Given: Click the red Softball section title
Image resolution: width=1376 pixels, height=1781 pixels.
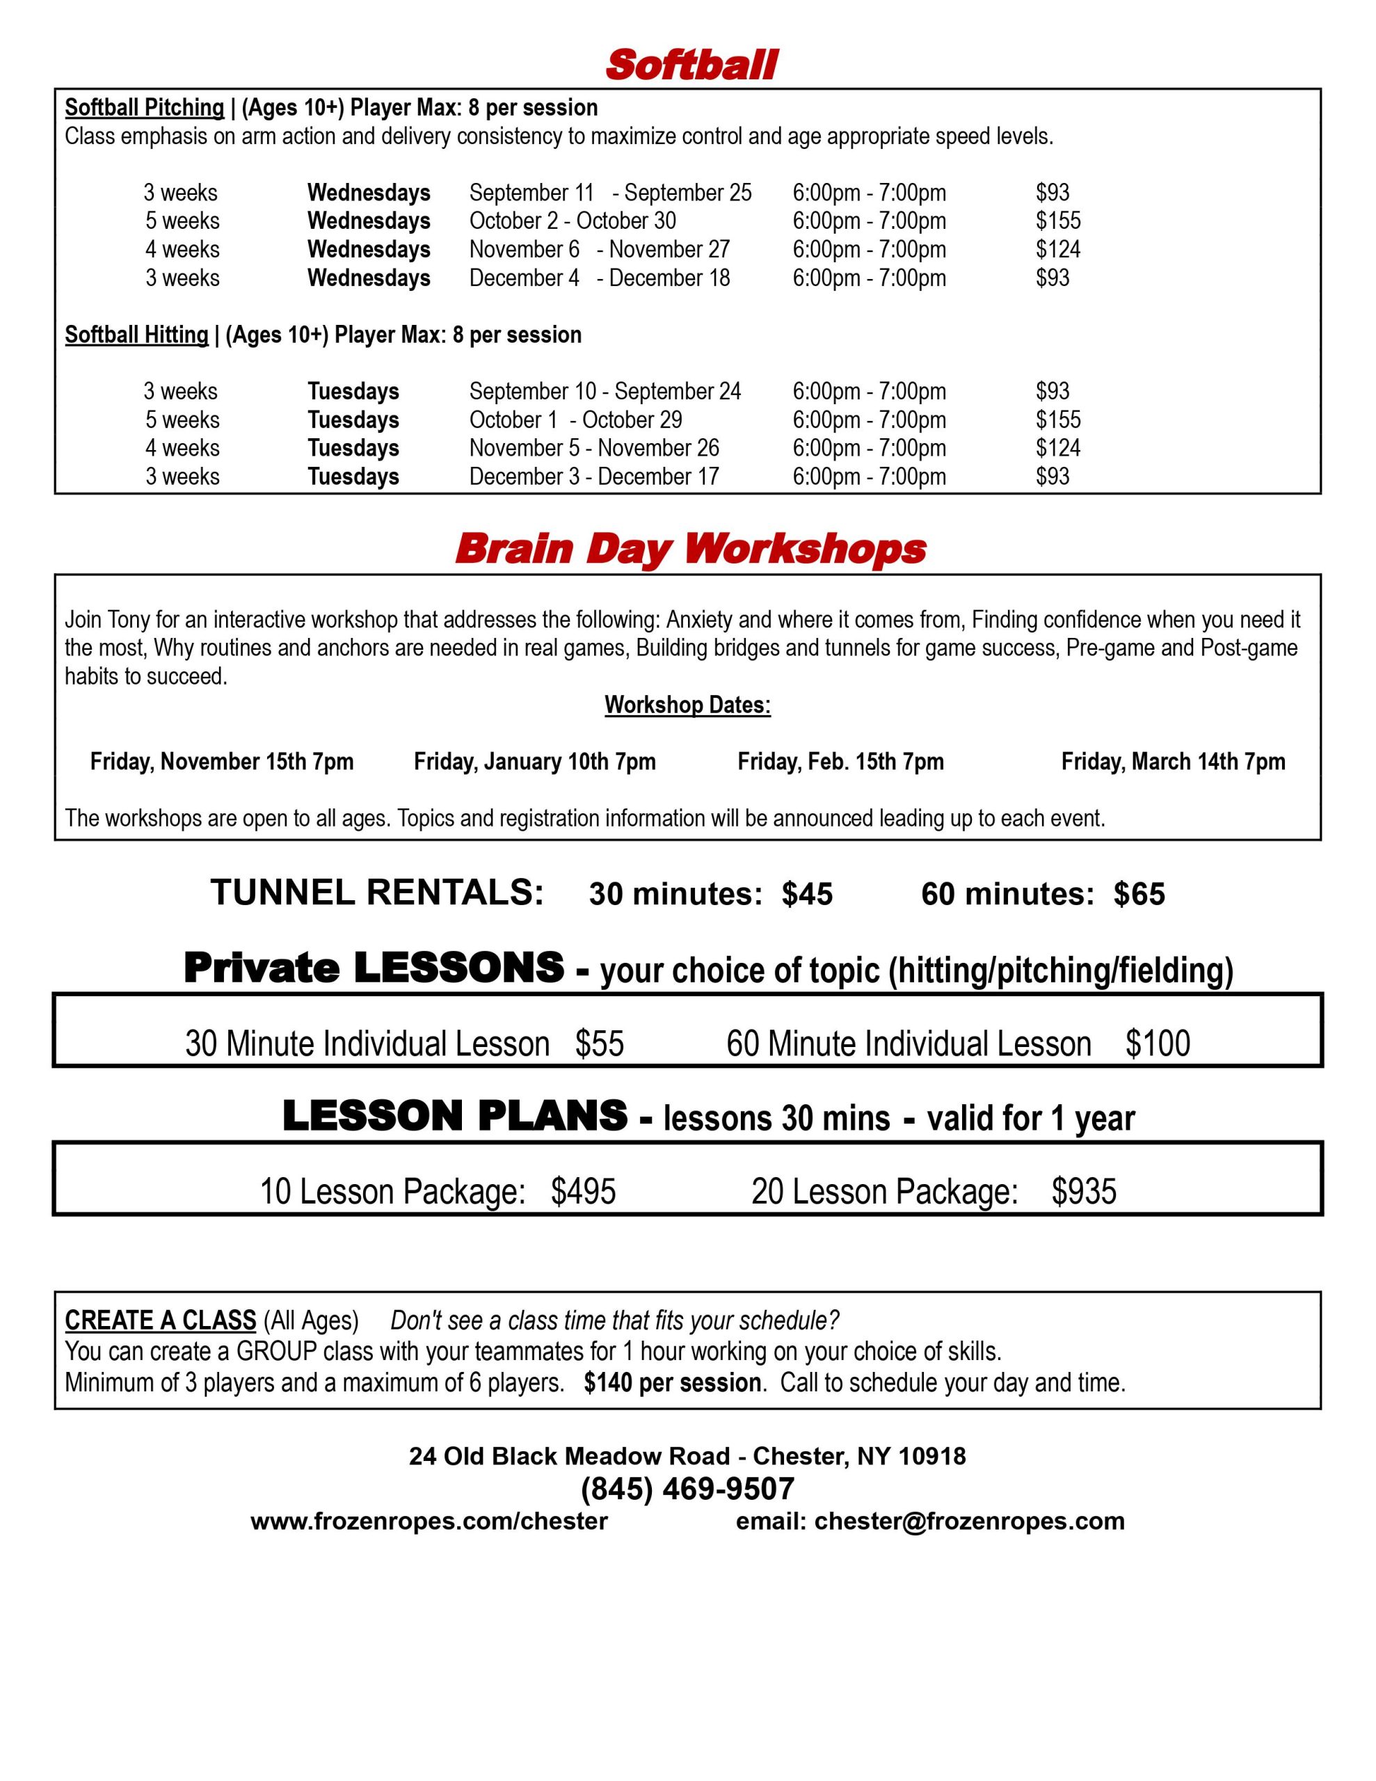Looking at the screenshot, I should click(x=691, y=65).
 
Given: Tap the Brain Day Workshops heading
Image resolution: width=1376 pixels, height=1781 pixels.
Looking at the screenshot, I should click(x=690, y=549).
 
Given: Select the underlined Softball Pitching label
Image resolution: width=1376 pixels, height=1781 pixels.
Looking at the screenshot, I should click(x=145, y=108).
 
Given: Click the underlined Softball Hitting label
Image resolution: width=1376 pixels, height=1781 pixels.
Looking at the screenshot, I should click(x=136, y=335).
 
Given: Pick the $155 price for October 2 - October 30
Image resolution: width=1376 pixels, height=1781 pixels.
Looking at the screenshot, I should click(x=1058, y=221).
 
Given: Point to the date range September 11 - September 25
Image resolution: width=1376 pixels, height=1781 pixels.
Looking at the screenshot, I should click(x=610, y=193).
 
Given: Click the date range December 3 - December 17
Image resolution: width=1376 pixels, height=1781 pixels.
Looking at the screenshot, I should click(x=594, y=477).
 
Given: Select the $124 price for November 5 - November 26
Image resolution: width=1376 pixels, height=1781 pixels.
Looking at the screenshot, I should click(x=1058, y=449).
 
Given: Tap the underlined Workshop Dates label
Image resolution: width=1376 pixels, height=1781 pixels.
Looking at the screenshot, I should click(x=687, y=705).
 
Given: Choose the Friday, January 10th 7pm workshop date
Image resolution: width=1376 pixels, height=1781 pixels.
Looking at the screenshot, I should click(x=534, y=762).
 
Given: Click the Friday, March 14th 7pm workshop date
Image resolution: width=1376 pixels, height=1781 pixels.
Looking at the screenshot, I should click(x=1173, y=762).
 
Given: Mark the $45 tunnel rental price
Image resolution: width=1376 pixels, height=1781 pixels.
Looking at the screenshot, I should click(x=807, y=895).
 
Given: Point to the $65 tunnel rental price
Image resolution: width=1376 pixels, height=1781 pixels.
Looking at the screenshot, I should click(x=1139, y=895).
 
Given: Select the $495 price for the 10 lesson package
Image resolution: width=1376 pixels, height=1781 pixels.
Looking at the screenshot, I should click(x=583, y=1192).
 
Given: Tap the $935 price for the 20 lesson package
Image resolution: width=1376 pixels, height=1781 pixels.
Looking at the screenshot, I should click(x=1083, y=1192).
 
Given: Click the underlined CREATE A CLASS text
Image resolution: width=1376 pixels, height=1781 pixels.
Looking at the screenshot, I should click(x=161, y=1320).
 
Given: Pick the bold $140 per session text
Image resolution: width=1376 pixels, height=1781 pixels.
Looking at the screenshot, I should click(x=673, y=1383).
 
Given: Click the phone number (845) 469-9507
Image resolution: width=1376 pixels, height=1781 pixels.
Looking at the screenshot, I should click(x=687, y=1489).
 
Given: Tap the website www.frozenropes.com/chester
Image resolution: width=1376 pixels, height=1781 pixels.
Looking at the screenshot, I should click(x=429, y=1522).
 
